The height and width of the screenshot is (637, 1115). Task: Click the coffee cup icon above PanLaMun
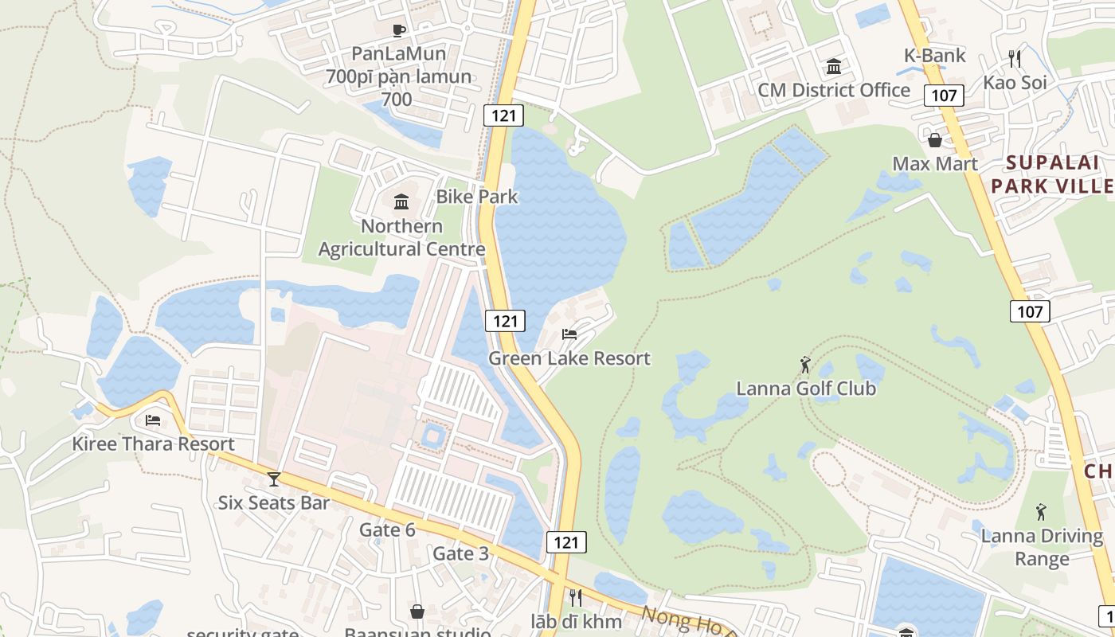coord(399,30)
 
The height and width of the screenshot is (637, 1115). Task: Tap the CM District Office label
coord(834,90)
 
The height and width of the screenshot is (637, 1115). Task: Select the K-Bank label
coord(935,55)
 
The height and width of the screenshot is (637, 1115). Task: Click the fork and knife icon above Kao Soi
coord(1014,58)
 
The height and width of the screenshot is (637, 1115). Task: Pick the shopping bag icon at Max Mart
coord(935,140)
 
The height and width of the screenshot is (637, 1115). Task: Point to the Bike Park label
coord(477,197)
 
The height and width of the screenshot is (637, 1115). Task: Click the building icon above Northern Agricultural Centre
coord(401,201)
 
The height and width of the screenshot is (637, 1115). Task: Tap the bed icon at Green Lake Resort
coord(569,334)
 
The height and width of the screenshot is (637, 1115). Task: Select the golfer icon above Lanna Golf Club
coord(805,365)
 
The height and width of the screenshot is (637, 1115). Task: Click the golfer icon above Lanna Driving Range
coord(1041,511)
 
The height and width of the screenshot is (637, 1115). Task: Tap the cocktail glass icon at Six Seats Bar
coord(274,479)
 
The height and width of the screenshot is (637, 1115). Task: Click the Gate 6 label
coord(387,530)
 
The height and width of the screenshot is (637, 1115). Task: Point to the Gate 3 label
coord(460,553)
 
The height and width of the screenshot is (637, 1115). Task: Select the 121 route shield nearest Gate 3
coord(566,542)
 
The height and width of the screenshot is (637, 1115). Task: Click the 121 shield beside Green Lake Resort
coord(504,321)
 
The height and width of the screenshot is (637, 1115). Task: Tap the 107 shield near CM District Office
coord(944,96)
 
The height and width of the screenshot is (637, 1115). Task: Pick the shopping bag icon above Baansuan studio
coord(417,612)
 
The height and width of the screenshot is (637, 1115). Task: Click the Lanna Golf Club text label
coord(806,389)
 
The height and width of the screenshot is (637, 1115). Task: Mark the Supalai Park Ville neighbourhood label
coord(1059,174)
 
